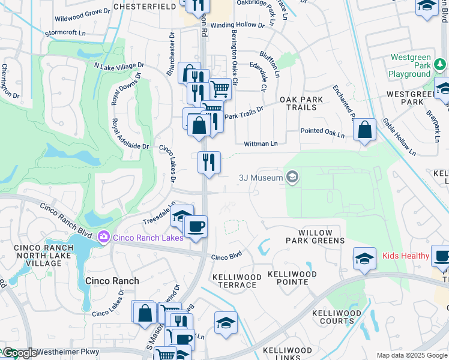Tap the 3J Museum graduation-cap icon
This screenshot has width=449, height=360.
coord(292,176)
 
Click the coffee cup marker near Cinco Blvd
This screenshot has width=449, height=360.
coord(195,227)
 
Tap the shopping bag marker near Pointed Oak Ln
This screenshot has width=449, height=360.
coord(364,130)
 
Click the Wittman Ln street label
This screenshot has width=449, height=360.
coord(261,144)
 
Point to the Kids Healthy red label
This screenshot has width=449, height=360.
coord(406,256)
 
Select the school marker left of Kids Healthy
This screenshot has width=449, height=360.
coord(364,258)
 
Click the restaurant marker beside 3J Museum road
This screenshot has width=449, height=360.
coord(209,162)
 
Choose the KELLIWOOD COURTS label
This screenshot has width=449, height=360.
coord(337,317)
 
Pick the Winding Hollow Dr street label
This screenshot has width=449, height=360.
coord(237,26)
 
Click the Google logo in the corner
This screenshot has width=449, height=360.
coord(19,353)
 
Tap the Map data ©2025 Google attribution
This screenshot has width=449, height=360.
coord(411,355)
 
